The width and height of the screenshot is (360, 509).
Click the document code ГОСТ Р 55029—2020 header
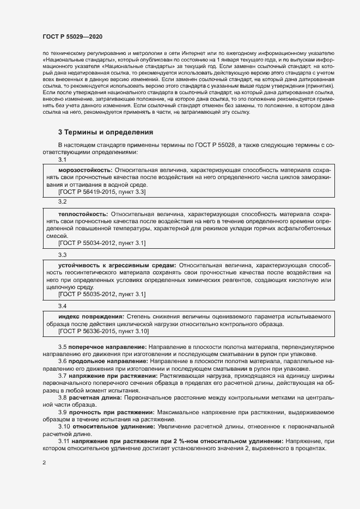coord(72,36)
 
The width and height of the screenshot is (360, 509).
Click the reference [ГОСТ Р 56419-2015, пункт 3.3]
coord(101,192)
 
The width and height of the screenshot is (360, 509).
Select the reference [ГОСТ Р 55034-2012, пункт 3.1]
coord(101,243)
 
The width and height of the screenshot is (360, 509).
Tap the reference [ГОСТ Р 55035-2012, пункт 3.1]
coord(101,294)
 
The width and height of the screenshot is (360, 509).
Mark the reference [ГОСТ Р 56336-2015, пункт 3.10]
coord(103,331)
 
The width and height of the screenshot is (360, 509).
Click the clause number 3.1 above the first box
coord(62,160)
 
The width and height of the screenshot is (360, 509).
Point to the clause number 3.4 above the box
coord(62,306)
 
